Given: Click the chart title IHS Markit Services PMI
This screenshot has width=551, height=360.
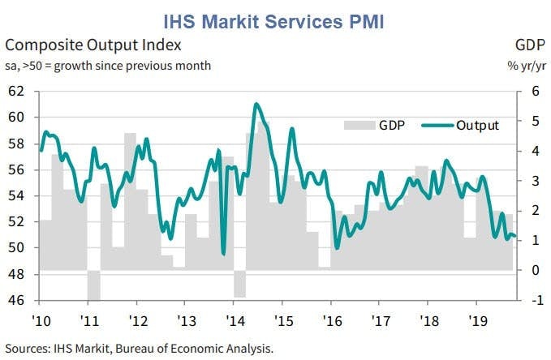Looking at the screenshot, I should pyautogui.click(x=274, y=18).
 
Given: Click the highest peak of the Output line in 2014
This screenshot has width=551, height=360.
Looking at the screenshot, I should pyautogui.click(x=256, y=104).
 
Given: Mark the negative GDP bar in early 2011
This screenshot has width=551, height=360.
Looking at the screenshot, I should pyautogui.click(x=93, y=285).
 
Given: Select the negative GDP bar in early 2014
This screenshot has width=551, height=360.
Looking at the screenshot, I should pyautogui.click(x=239, y=284).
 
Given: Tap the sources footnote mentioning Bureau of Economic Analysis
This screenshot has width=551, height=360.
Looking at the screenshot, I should pyautogui.click(x=140, y=349).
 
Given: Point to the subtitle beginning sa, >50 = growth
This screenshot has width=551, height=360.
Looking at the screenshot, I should pyautogui.click(x=109, y=65).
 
